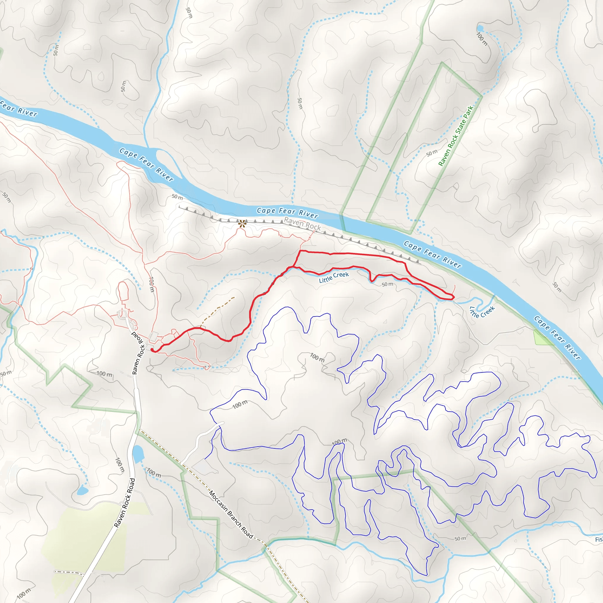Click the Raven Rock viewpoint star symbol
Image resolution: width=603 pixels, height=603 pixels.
click(x=242, y=223)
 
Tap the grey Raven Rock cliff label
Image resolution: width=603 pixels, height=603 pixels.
click(x=302, y=224)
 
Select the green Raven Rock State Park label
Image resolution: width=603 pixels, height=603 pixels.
click(x=456, y=136)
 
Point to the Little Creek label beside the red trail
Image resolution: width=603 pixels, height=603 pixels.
click(x=334, y=277)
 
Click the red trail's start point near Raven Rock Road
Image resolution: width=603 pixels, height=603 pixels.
click(x=152, y=350)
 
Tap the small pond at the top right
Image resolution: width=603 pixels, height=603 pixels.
click(x=480, y=29)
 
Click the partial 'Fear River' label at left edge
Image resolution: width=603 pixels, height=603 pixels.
click(x=19, y=109)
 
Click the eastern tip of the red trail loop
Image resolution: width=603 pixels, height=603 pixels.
click(x=453, y=297)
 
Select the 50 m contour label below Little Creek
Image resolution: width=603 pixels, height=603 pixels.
click(x=387, y=284)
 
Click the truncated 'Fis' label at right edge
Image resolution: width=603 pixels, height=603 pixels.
click(x=599, y=539)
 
